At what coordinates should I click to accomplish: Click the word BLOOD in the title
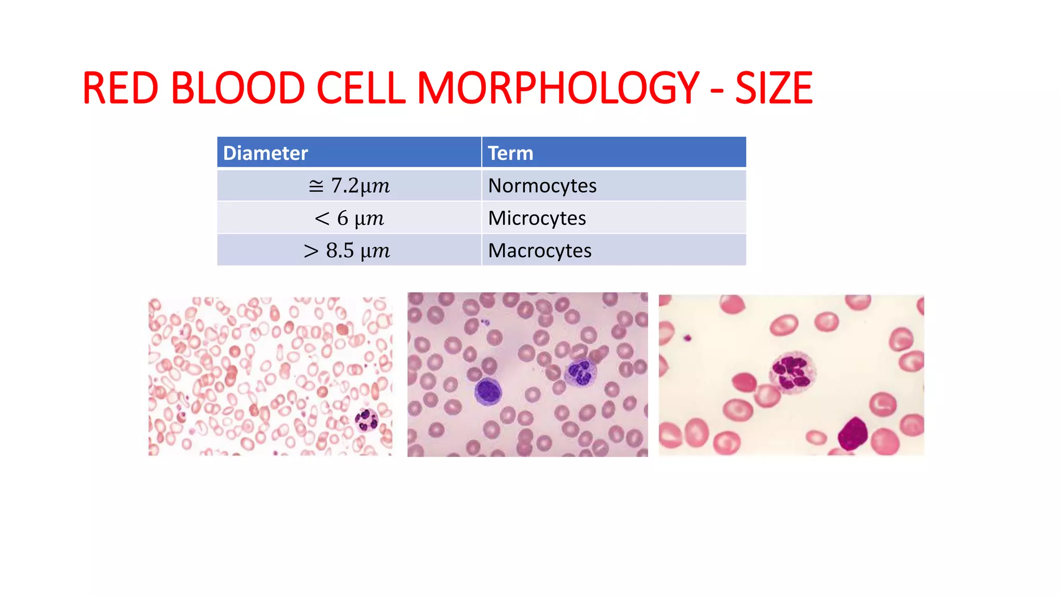(x=238, y=88)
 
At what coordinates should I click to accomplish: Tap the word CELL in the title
(x=360, y=88)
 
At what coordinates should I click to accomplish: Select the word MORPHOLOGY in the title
(x=558, y=88)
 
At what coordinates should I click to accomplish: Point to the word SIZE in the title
(x=773, y=88)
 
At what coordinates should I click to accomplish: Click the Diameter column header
(x=266, y=153)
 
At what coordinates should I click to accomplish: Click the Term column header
(x=510, y=153)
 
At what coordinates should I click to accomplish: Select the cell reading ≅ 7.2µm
(x=349, y=186)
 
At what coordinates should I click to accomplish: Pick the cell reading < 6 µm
(x=349, y=218)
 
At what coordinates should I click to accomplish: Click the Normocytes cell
(x=542, y=186)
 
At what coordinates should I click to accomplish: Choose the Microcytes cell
(x=537, y=218)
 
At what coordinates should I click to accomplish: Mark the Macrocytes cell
(x=539, y=251)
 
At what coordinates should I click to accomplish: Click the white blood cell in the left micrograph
(x=367, y=420)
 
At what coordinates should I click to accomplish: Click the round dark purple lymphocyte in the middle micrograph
(x=488, y=391)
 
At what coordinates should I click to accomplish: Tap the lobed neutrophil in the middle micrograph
(x=580, y=373)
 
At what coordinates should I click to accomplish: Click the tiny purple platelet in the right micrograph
(x=687, y=338)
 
